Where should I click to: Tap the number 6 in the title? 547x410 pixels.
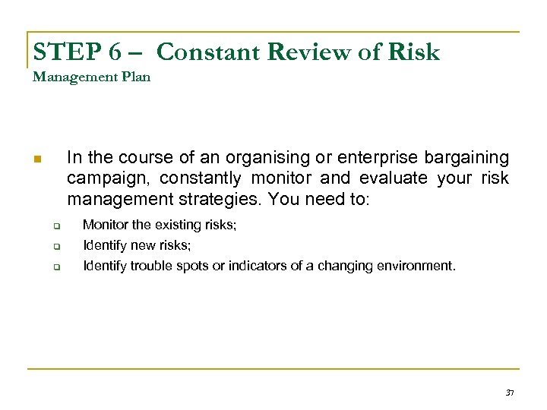point(115,52)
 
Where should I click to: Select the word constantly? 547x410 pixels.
point(201,178)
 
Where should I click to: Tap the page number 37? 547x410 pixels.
point(510,393)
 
